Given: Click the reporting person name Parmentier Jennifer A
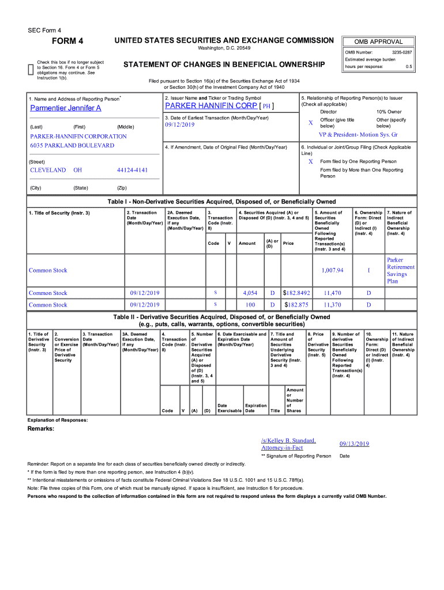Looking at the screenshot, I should pos(65,108).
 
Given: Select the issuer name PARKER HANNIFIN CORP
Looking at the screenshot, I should pos(210,107).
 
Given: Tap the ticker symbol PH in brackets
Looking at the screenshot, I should pos(266,107).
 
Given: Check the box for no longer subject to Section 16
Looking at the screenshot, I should pos(31,70).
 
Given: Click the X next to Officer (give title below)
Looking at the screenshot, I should pos(310,123).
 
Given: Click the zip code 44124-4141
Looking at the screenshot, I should pos(132,171).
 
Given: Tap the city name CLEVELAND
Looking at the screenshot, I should pos(47,171).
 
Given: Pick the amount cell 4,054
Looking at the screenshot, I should pos(250,293).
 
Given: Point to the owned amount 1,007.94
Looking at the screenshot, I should pos(332,270).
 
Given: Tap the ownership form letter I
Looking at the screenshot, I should pos(368,270).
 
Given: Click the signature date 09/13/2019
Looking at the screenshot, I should pos(354,444).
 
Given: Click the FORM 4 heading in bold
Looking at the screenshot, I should pos(67,41).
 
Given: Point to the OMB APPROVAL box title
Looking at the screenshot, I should pos(379,41).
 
